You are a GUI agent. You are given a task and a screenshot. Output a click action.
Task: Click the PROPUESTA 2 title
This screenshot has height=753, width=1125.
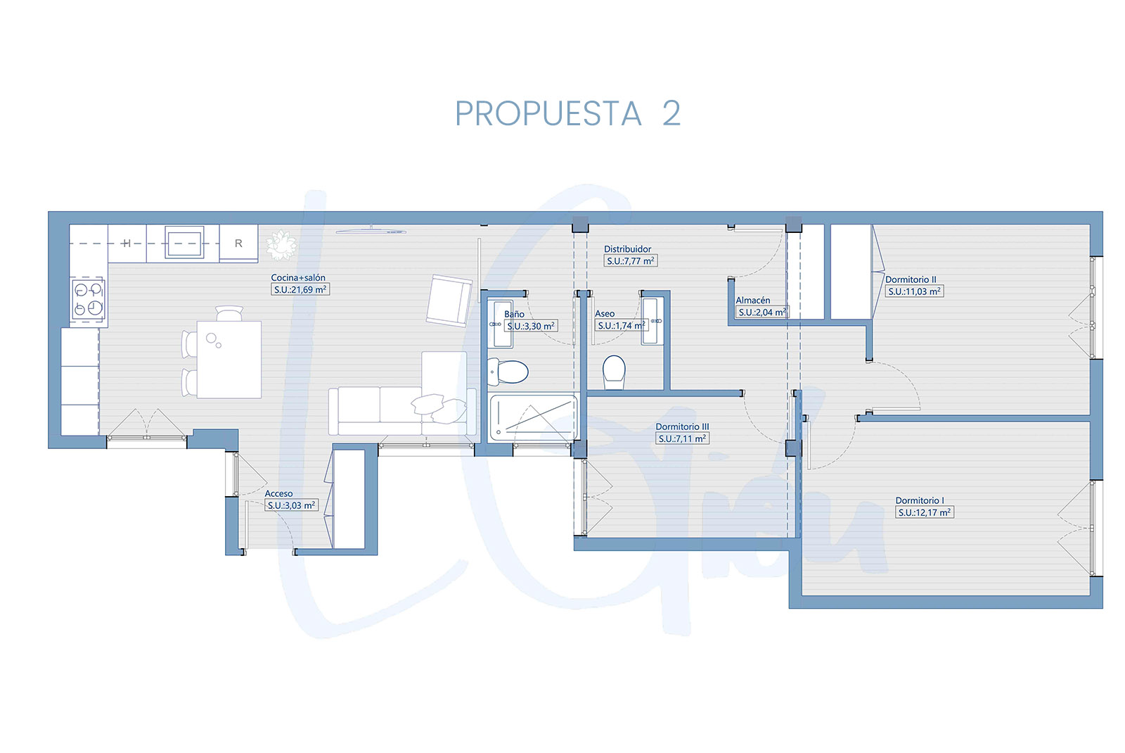pos(567,113)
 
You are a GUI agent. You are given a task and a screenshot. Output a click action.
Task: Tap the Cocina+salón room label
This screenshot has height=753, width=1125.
pos(298,277)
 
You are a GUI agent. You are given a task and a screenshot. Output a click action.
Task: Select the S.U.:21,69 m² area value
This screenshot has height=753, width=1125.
pos(300,289)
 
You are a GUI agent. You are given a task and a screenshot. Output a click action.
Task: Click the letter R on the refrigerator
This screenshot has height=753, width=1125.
pos(238,243)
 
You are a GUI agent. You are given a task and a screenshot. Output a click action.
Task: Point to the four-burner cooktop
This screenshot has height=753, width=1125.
pos(89,299)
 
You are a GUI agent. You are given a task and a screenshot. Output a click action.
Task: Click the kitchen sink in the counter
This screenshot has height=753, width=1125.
pos(184,243)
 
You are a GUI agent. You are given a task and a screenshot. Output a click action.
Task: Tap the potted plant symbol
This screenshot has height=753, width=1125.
pos(281,245)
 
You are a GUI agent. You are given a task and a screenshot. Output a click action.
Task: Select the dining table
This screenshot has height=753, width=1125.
pos(229,360)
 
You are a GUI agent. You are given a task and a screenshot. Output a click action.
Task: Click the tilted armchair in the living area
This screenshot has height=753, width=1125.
pos(449,300)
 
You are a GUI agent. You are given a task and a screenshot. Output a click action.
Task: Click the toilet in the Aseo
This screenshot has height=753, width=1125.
pos(614,372)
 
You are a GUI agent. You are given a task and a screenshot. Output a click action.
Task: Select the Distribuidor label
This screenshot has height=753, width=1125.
pos(627,249)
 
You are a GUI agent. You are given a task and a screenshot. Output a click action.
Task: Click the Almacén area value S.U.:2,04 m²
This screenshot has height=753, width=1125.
pos(762,312)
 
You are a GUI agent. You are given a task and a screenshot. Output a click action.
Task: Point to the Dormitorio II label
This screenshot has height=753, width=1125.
pos(911,279)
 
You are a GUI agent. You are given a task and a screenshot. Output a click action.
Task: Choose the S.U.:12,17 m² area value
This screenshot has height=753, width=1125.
pos(924,512)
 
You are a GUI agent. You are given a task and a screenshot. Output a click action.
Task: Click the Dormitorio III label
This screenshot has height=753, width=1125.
pos(682,426)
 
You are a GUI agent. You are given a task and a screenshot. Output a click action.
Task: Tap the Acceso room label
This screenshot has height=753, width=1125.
pos(278,493)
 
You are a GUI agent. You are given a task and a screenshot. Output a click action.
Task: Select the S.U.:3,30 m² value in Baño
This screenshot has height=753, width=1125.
pos(531,327)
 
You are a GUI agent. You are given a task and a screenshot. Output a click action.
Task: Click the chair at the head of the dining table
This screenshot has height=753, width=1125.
pos(229,313)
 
